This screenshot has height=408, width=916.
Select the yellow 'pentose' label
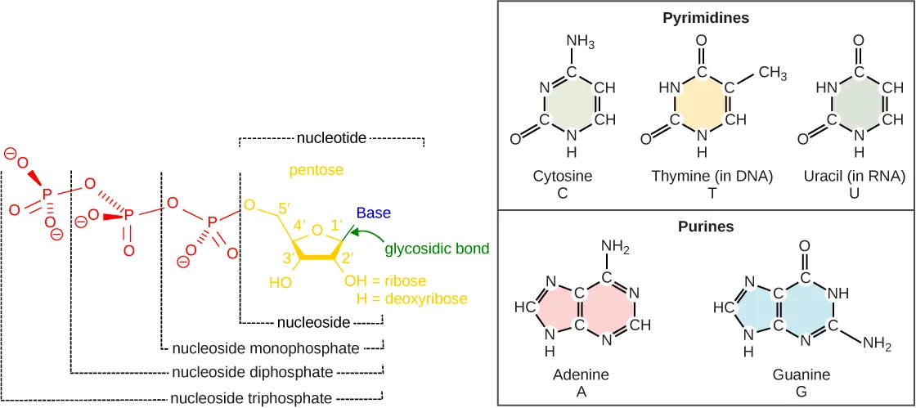315,170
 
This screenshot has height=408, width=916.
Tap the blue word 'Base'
373,213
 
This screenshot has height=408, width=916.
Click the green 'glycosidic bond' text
437,249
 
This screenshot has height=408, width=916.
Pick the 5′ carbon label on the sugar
285,208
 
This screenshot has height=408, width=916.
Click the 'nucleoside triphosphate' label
251,398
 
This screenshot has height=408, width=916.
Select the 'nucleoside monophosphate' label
266,348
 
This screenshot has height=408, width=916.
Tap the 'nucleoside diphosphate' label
253,373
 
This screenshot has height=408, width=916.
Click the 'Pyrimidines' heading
705,16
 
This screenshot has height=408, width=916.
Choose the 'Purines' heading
706,226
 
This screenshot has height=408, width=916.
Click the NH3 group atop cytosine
580,42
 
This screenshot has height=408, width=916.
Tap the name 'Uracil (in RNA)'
858,176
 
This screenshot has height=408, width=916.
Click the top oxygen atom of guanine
805,246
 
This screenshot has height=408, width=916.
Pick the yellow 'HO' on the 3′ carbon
281,283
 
